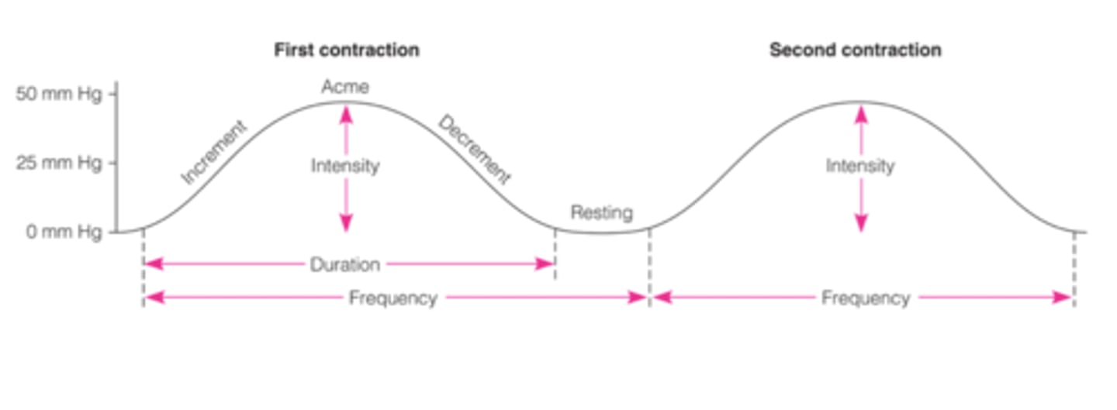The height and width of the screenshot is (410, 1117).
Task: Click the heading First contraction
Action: (x=346, y=50)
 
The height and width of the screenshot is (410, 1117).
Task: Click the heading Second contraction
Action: (x=855, y=50)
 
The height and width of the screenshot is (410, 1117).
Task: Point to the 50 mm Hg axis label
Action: (x=58, y=95)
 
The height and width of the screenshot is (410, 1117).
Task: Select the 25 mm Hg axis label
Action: (x=58, y=164)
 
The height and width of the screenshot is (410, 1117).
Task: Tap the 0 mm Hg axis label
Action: (x=64, y=232)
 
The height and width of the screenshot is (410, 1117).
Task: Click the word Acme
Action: (x=345, y=87)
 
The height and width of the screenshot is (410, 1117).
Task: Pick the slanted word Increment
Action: (x=214, y=153)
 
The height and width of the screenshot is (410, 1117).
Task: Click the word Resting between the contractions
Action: (x=601, y=212)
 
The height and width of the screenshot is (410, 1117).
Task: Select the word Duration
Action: (x=345, y=265)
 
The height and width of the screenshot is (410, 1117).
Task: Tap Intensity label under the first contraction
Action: (x=345, y=166)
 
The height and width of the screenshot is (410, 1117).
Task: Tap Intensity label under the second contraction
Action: (x=859, y=166)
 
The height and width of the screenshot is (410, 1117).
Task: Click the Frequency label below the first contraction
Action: (x=393, y=298)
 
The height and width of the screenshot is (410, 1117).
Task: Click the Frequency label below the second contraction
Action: (x=865, y=298)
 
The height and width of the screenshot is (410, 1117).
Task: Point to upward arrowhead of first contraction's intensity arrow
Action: (x=346, y=112)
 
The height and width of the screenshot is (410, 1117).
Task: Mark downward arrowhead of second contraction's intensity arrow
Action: (x=860, y=224)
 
